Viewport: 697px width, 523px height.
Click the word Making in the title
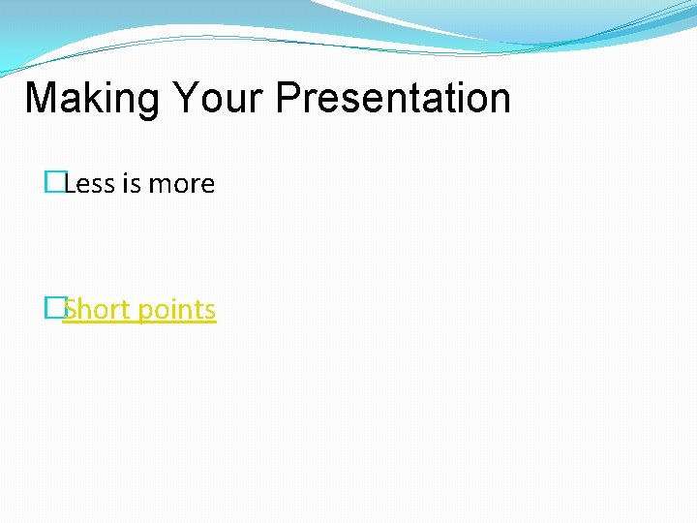click(x=92, y=99)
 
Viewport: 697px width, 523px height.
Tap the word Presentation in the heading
click(x=392, y=99)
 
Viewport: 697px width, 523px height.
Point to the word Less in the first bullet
click(x=90, y=184)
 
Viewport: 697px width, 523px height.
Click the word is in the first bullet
click(x=132, y=184)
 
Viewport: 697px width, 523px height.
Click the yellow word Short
click(x=96, y=310)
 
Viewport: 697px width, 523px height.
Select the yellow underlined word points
click(x=177, y=310)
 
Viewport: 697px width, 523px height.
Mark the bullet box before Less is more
click(x=53, y=184)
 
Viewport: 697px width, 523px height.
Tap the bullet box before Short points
click(x=53, y=309)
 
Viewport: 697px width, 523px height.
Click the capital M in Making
click(x=39, y=99)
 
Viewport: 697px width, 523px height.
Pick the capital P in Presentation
click(x=288, y=99)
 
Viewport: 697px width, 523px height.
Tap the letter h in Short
click(x=85, y=310)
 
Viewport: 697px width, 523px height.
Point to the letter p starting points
click(x=146, y=313)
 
